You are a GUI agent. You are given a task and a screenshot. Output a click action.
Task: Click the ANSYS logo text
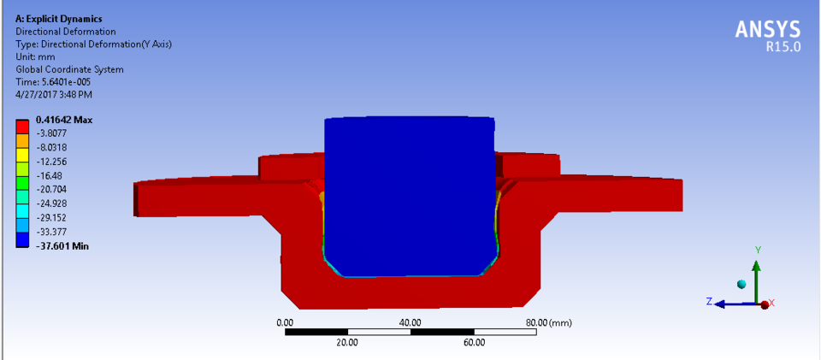point(768,30)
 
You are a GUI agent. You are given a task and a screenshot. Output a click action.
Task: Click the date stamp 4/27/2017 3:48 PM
point(54,95)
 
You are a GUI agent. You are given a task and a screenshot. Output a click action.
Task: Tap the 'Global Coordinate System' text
point(70,69)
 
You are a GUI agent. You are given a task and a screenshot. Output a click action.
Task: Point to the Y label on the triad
point(758,249)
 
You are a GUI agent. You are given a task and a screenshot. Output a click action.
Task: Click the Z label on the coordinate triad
point(709,302)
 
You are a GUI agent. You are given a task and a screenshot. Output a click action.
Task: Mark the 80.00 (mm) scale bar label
point(547,322)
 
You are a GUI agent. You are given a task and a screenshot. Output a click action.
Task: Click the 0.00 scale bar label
point(285,322)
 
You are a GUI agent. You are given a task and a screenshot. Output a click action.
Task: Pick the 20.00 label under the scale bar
point(347,342)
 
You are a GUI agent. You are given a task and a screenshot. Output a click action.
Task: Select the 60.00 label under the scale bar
point(474,342)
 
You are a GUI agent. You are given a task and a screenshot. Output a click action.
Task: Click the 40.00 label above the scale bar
point(410,322)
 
